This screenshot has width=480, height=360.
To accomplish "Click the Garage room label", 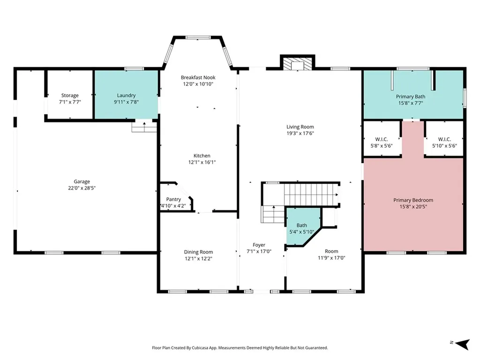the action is tap(82, 181).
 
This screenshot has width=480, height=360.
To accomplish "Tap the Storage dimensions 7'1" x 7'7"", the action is tap(70, 102).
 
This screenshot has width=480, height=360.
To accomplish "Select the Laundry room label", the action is tap(126, 96).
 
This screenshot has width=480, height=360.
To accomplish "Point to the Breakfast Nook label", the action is tap(198, 77).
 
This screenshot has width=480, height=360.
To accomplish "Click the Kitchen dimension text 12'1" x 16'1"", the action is tap(202, 162).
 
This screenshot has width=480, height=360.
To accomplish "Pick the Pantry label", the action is tap(173, 199).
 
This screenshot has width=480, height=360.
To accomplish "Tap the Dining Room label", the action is tap(198, 252).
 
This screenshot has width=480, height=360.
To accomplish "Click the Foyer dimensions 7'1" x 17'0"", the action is tap(259, 251).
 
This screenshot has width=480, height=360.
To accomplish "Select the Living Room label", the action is tap(300, 127).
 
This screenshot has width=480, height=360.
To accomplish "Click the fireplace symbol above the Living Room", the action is tap(298, 64).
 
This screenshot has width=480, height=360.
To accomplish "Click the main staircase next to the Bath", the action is tap(311, 195).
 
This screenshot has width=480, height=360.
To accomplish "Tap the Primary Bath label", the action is tap(411, 97).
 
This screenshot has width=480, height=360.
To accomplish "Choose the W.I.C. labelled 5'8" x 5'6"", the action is tap(382, 142).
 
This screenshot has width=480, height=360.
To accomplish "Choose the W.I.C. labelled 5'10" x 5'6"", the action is tap(444, 142).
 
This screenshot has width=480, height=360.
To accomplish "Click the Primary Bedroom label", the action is tap(413, 200).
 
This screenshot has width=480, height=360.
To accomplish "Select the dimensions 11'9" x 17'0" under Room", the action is tap(331, 258).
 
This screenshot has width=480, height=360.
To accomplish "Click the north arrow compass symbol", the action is tap(462, 344).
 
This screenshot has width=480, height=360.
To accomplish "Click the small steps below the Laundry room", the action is tap(144, 127).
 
